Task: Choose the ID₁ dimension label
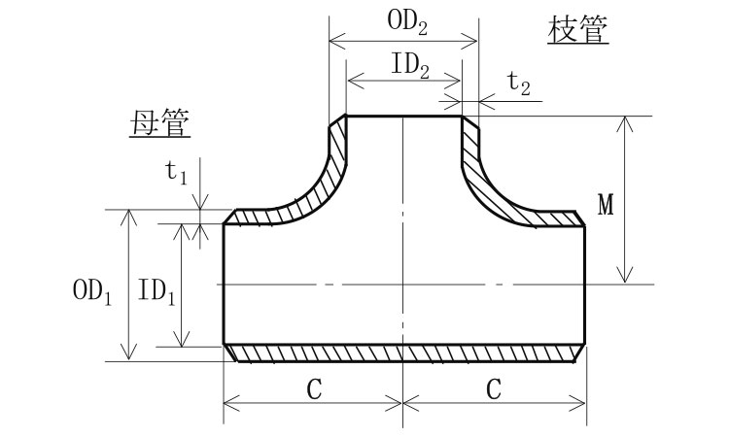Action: pyautogui.click(x=156, y=290)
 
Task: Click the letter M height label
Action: pyautogui.click(x=606, y=205)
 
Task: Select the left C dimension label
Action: pyautogui.click(x=313, y=389)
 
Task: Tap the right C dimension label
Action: pyautogui.click(x=493, y=389)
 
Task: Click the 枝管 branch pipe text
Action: pyautogui.click(x=579, y=30)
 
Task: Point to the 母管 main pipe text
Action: pyautogui.click(x=159, y=122)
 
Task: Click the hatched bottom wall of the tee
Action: pyautogui.click(x=403, y=353)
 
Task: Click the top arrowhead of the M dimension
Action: pyautogui.click(x=627, y=121)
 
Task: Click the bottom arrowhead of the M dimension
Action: pyautogui.click(x=627, y=277)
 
